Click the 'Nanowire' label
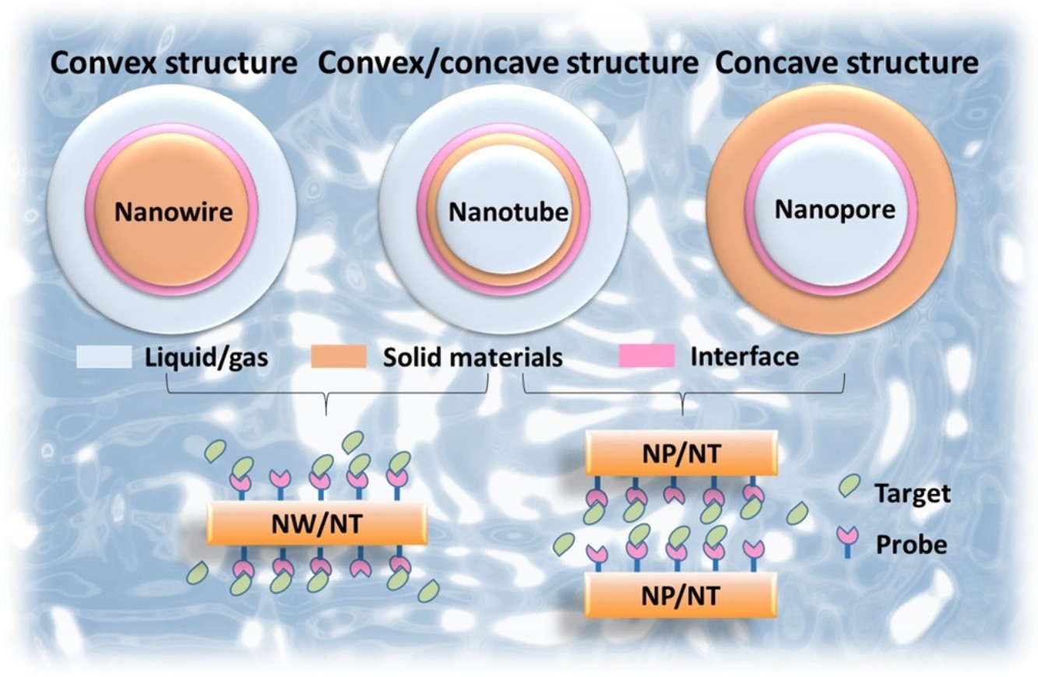(174, 211)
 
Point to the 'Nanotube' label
(509, 211)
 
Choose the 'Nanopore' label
(835, 209)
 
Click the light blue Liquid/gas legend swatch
(104, 357)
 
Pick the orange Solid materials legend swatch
(338, 357)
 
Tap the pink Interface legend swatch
(646, 357)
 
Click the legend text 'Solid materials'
(473, 358)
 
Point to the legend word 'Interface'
(744, 357)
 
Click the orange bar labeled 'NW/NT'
(317, 522)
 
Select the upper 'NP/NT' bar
(681, 453)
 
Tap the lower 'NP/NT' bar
(681, 596)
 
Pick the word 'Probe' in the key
(911, 543)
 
